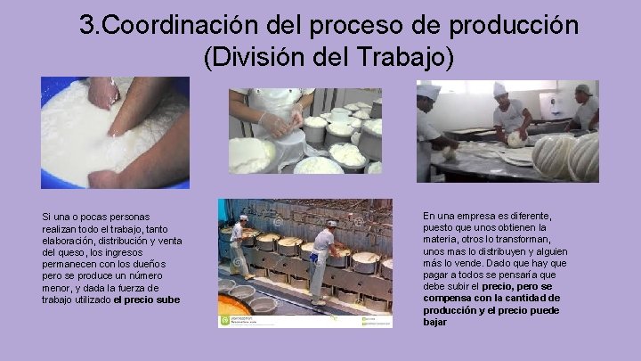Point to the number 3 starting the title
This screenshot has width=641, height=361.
(86, 25)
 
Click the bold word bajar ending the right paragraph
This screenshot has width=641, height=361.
(435, 322)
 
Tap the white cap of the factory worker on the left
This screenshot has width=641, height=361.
(243, 217)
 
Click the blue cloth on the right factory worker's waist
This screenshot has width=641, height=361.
(314, 258)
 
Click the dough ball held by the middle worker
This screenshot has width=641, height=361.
(515, 138)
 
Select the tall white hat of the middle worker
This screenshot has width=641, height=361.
(499, 88)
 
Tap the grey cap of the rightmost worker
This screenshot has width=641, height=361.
(583, 90)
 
